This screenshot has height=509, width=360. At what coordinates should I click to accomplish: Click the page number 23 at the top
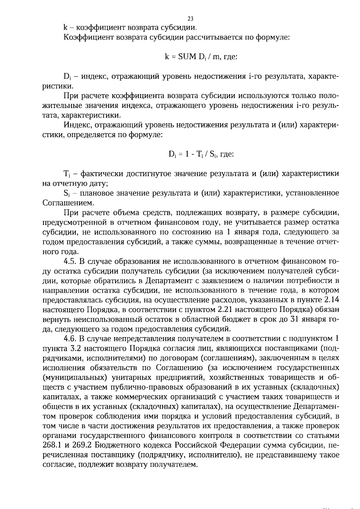click(190, 19)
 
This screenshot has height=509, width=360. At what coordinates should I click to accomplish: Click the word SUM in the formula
click(187, 56)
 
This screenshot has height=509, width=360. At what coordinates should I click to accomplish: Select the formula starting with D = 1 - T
click(201, 154)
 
